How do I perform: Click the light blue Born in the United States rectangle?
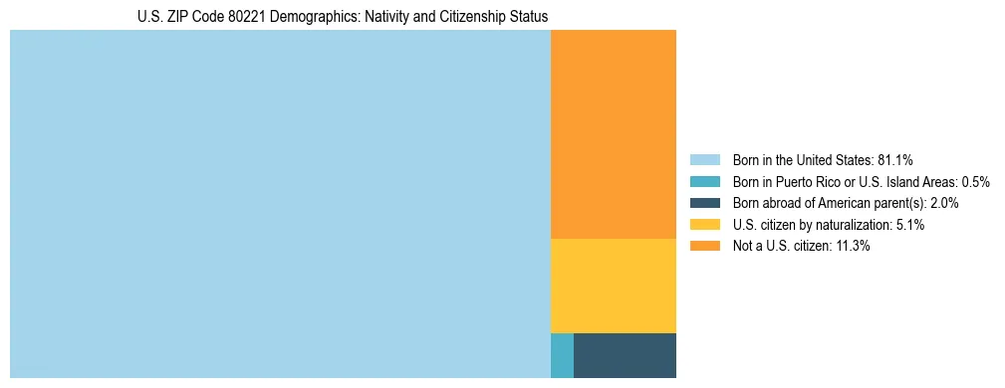(x=280, y=204)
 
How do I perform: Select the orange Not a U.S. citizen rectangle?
(x=613, y=134)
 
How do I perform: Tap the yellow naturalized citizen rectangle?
(x=613, y=286)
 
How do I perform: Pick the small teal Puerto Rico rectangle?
(x=562, y=355)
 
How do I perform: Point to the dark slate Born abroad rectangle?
(x=625, y=355)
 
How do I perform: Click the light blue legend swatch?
(x=704, y=159)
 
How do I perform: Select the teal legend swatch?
(x=704, y=181)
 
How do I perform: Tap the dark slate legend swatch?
(x=704, y=203)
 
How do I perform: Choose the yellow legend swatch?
(x=704, y=225)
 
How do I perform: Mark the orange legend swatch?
(x=704, y=246)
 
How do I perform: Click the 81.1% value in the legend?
(x=895, y=159)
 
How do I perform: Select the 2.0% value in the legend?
(x=943, y=203)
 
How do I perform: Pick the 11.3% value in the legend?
(x=853, y=246)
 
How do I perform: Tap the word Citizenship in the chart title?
(x=475, y=17)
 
